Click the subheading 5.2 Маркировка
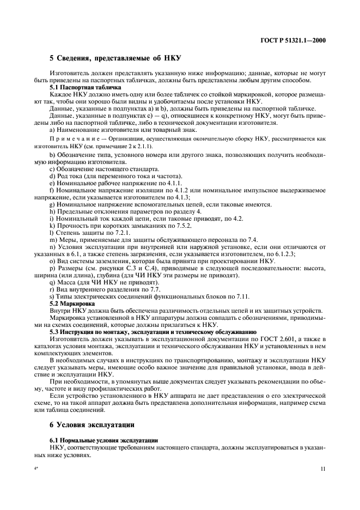coord(72,302)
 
